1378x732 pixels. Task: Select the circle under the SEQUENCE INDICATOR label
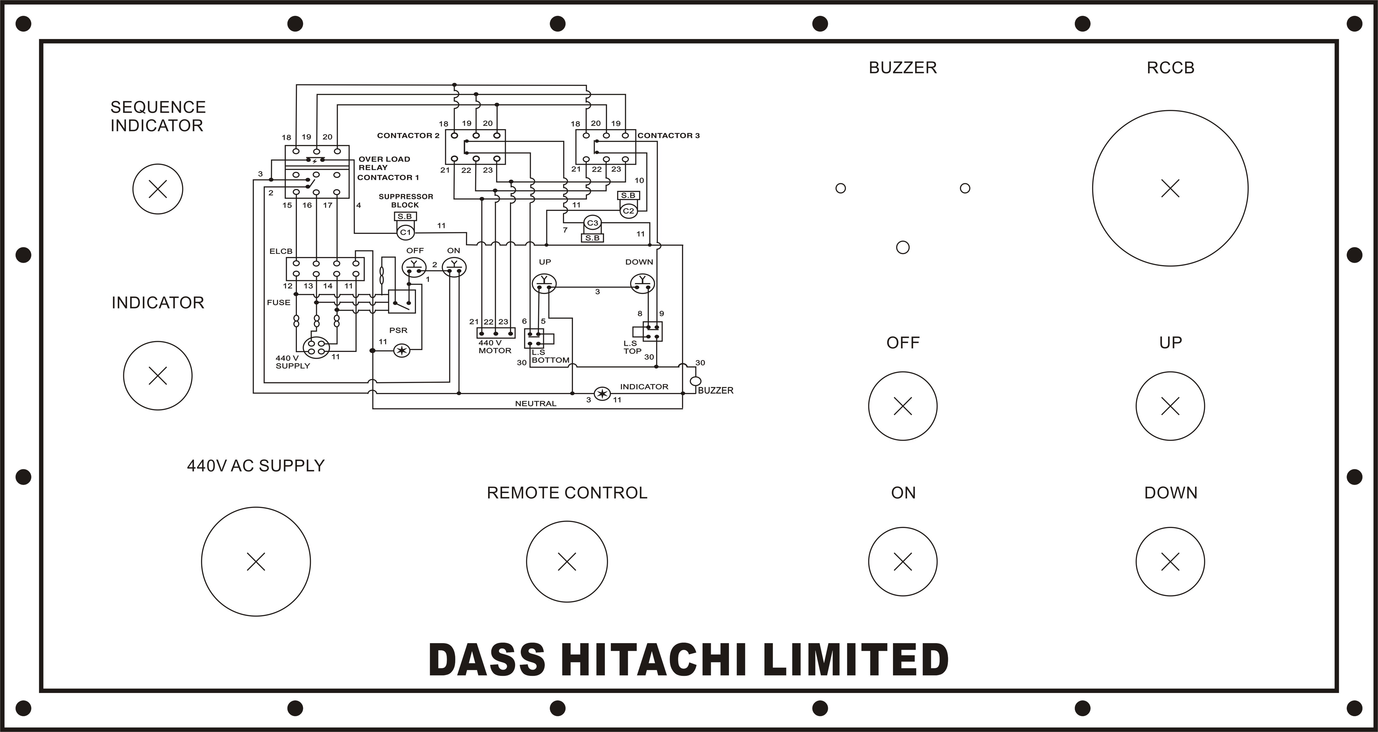(x=158, y=189)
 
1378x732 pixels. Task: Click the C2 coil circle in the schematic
(x=629, y=211)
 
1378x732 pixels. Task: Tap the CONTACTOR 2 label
(x=408, y=135)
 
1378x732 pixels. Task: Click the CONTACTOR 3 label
(x=669, y=135)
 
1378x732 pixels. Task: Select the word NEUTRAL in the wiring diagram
(x=536, y=404)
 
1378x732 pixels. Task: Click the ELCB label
(x=281, y=251)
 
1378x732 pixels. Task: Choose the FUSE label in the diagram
(x=279, y=302)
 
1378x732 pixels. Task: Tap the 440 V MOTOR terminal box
(x=496, y=333)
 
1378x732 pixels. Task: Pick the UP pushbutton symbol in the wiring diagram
(x=545, y=283)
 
